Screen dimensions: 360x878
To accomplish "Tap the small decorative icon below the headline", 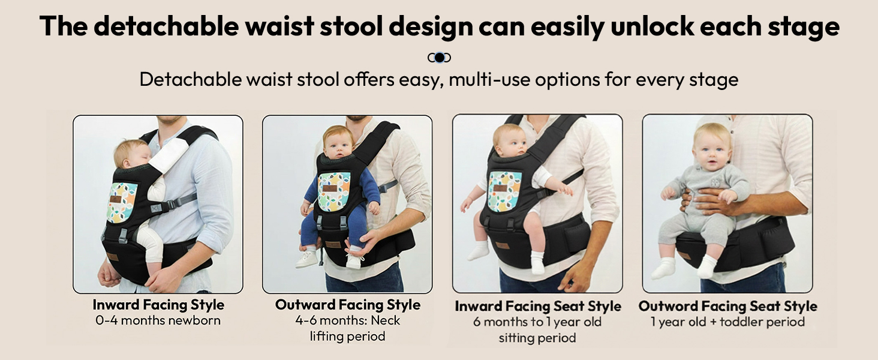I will coord(439,58).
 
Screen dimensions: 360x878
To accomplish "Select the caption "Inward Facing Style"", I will coord(158,304).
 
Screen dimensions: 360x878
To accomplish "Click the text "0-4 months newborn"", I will coord(158,320).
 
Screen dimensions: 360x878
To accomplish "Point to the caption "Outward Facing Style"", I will coord(348,304).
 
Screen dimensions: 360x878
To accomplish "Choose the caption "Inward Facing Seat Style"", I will coord(537,306).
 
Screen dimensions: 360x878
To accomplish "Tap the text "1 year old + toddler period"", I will coord(727,322).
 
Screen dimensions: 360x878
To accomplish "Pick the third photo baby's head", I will coord(510,140).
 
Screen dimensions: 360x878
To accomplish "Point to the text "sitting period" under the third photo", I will coord(537,338).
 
